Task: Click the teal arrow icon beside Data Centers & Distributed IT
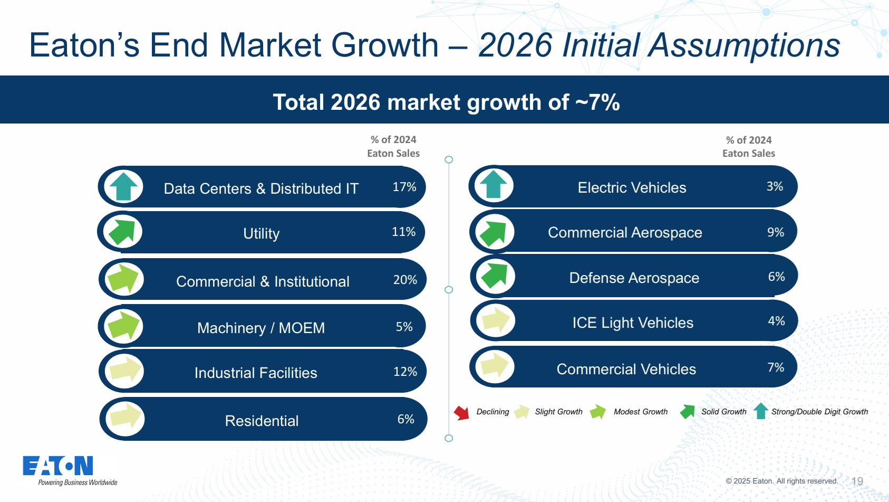pos(123,186)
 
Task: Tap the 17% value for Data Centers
pos(404,187)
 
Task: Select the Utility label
pos(261,233)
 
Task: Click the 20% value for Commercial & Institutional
pos(405,280)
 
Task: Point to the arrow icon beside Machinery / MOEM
pos(124,325)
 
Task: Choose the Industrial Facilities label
pos(256,373)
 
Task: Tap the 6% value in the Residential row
pos(405,419)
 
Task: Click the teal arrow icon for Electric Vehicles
pos(494,184)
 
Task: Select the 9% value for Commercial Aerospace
pos(776,232)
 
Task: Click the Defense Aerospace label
pos(634,278)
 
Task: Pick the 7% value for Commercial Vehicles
pos(776,367)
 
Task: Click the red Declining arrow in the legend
pos(461,413)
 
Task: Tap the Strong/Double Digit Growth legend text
pos(819,412)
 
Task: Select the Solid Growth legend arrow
pos(688,412)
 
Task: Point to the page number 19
pos(857,481)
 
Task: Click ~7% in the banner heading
pos(597,102)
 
